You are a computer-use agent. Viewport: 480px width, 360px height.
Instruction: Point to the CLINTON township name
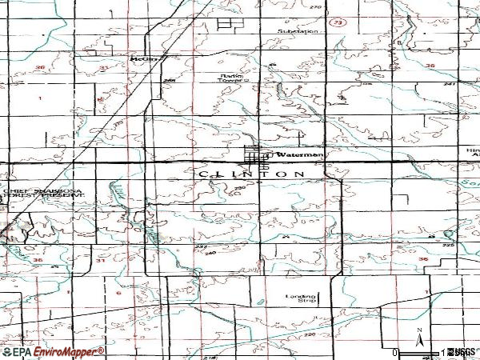(x=250, y=174)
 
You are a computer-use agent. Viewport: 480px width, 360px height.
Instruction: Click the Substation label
(x=298, y=31)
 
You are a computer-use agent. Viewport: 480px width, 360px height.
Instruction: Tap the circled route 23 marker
(x=338, y=25)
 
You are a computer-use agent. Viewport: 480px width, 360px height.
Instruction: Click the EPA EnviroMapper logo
(x=52, y=351)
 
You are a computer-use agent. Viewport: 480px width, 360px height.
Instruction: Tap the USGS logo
(x=462, y=352)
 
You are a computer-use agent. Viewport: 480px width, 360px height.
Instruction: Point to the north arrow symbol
(x=418, y=336)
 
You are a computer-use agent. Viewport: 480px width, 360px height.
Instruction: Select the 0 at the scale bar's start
(x=395, y=352)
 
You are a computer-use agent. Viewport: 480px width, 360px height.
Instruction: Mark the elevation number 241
(x=449, y=83)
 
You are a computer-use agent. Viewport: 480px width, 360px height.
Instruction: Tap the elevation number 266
(x=169, y=82)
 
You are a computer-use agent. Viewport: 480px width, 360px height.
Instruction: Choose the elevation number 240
(x=211, y=254)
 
